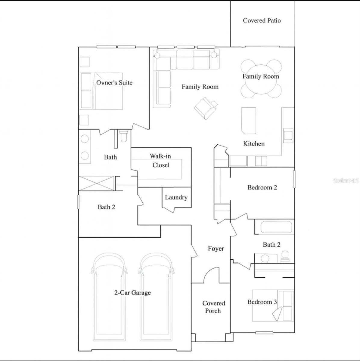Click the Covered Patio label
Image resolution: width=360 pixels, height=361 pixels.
pyautogui.click(x=262, y=20)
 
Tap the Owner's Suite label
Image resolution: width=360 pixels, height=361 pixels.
pyautogui.click(x=114, y=83)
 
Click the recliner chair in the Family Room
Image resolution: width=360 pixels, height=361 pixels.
pyautogui.click(x=206, y=108)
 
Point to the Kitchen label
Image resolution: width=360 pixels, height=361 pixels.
pyautogui.click(x=254, y=144)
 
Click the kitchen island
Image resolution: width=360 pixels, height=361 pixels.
pyautogui.click(x=249, y=121)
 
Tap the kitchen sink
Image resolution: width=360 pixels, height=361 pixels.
pyautogui.click(x=288, y=135)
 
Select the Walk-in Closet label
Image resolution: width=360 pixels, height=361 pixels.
pyautogui.click(x=161, y=161)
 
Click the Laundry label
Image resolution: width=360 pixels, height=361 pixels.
pyautogui.click(x=176, y=197)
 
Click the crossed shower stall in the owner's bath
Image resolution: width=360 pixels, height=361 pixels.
pyautogui.click(x=96, y=183)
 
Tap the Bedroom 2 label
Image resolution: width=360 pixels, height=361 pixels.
pyautogui.click(x=262, y=187)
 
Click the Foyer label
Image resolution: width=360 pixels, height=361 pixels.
pyautogui.click(x=216, y=248)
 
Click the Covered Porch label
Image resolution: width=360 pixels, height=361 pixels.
pyautogui.click(x=214, y=307)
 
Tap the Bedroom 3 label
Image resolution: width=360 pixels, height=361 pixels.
pyautogui.click(x=262, y=302)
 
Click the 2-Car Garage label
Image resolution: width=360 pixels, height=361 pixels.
pyautogui.click(x=132, y=293)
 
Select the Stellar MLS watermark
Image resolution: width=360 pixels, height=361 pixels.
pyautogui.click(x=346, y=180)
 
